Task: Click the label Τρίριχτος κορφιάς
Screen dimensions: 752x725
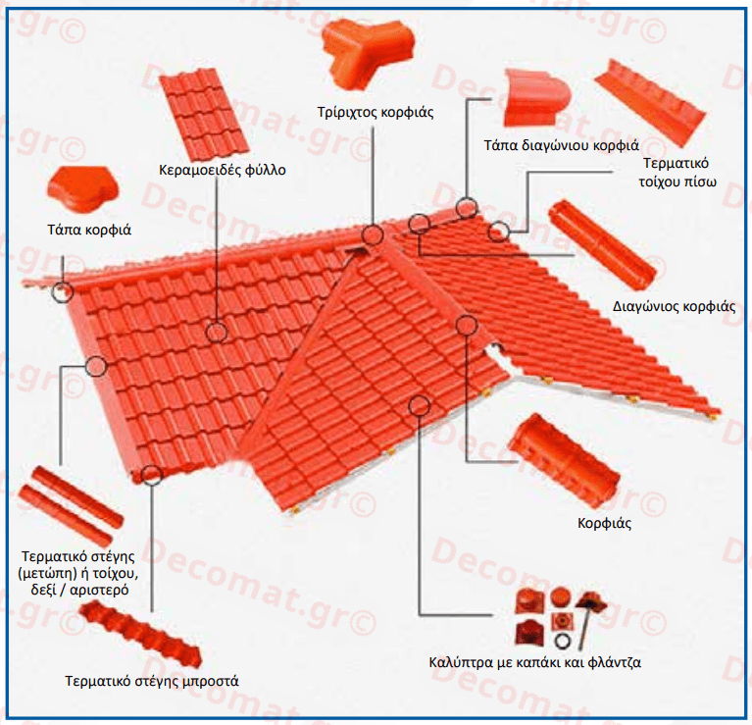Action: [376, 112]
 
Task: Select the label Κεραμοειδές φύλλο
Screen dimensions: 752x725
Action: [223, 171]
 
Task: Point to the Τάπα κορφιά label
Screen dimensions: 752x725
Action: [89, 230]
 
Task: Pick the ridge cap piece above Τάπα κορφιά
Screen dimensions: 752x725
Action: [83, 190]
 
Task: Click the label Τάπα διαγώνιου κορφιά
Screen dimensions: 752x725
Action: [561, 145]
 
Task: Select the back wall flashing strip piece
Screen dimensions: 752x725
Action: [651, 104]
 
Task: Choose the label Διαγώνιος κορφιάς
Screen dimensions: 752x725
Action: [674, 307]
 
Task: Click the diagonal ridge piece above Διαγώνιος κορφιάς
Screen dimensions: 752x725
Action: [602, 245]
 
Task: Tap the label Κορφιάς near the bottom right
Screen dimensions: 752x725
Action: [604, 523]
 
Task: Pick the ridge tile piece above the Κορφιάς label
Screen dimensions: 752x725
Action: [564, 461]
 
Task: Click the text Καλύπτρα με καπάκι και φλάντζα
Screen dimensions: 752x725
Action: [534, 662]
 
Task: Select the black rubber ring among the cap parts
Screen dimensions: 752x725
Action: [561, 641]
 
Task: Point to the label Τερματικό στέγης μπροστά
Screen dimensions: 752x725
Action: [152, 681]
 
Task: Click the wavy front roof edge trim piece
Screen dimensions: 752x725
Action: [140, 634]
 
